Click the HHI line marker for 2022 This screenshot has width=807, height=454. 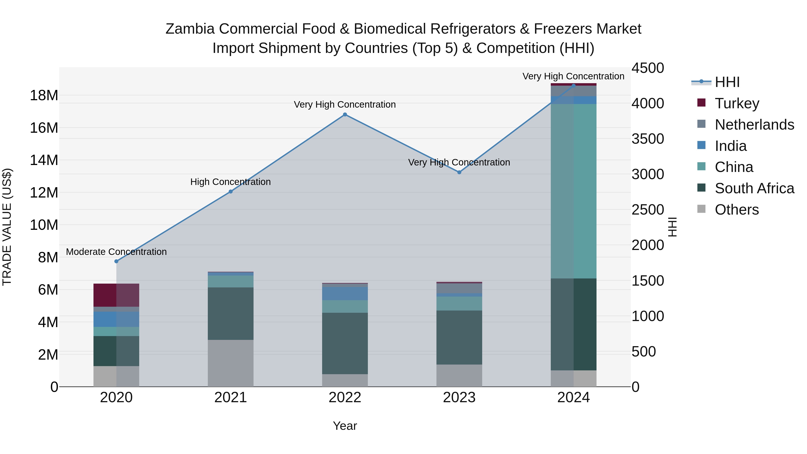pyautogui.click(x=345, y=115)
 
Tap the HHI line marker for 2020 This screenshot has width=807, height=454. pyautogui.click(x=116, y=261)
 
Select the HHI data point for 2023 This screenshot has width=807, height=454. pyautogui.click(x=459, y=172)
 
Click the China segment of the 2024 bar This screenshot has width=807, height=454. pyautogui.click(x=574, y=191)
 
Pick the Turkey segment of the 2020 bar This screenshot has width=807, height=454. pyautogui.click(x=116, y=295)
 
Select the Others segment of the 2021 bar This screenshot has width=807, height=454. pyautogui.click(x=231, y=363)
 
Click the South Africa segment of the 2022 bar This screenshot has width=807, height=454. pyautogui.click(x=345, y=343)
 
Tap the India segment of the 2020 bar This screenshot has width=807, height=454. pyautogui.click(x=116, y=319)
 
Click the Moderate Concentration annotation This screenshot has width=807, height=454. pyautogui.click(x=116, y=252)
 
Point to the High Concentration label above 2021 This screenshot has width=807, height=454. pyautogui.click(x=231, y=182)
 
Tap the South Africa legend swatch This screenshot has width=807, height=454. pyautogui.click(x=701, y=188)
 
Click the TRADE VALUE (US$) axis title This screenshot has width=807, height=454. pyautogui.click(x=7, y=227)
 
